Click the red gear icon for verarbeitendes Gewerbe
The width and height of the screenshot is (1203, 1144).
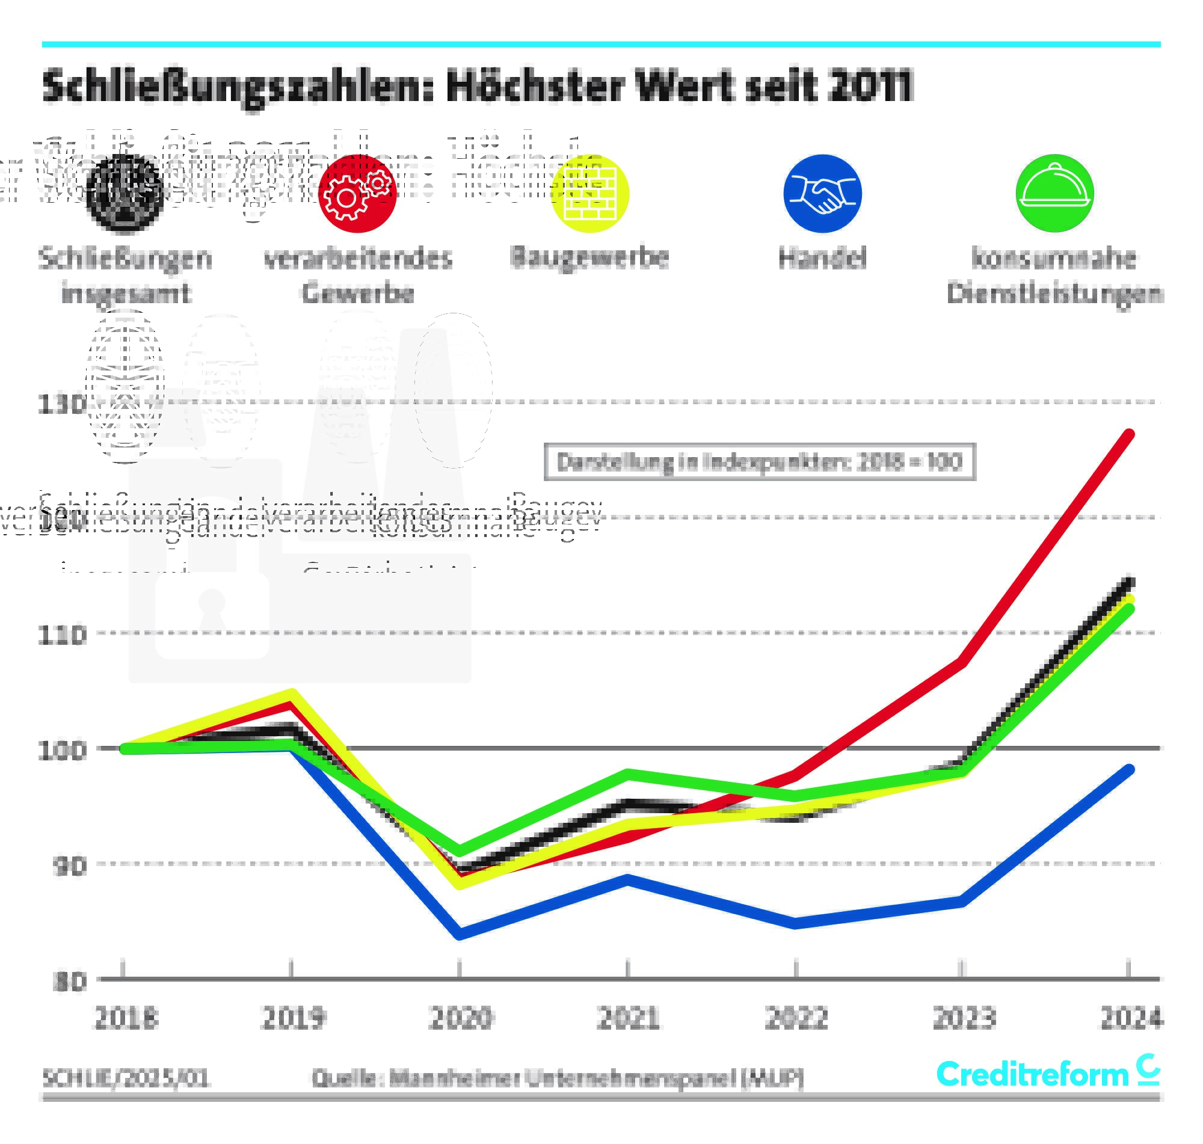[357, 193]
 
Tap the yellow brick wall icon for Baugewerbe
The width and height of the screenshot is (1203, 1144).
[589, 193]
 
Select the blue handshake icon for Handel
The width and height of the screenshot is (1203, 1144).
[822, 193]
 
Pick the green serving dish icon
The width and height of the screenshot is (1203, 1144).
[1054, 193]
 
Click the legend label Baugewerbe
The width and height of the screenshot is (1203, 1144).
[589, 257]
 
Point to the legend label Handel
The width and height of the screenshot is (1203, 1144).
[822, 258]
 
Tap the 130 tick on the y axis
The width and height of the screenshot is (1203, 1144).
[61, 404]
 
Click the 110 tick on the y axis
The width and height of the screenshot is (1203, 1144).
[61, 635]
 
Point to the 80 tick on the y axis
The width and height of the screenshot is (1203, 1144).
[69, 981]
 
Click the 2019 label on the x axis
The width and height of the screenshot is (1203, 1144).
[293, 1018]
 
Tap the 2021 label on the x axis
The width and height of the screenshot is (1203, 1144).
[628, 1018]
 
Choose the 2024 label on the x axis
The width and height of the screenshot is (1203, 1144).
[1131, 1018]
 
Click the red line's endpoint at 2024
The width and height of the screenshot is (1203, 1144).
[1128, 434]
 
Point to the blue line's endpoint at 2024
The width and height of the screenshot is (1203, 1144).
[1128, 769]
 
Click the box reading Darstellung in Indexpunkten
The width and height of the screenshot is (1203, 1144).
[759, 461]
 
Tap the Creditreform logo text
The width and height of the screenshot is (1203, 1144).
[1032, 1074]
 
